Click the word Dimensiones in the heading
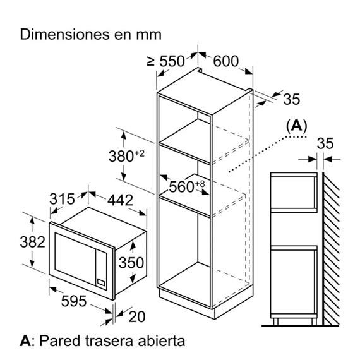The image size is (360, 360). coord(65,35)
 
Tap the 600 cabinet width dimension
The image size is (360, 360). coord(226,61)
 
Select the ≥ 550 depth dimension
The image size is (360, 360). coord(165,61)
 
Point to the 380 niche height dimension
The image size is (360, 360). coord(126,156)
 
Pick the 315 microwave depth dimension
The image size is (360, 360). coord(62,199)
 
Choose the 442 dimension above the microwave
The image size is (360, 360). coord(120,200)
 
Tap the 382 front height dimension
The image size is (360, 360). coord(33,242)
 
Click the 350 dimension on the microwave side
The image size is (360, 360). coord(131,263)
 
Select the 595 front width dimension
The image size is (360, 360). coord(74,301)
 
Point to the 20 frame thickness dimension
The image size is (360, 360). coord(137,317)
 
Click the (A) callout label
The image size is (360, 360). coord(296,126)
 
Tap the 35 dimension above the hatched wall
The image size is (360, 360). coord(325,143)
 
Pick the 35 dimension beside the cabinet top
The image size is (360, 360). coord(292,99)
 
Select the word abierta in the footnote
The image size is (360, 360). coord(162,341)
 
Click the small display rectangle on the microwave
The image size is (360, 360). coord(101,282)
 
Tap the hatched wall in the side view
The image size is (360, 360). coord(330,249)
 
